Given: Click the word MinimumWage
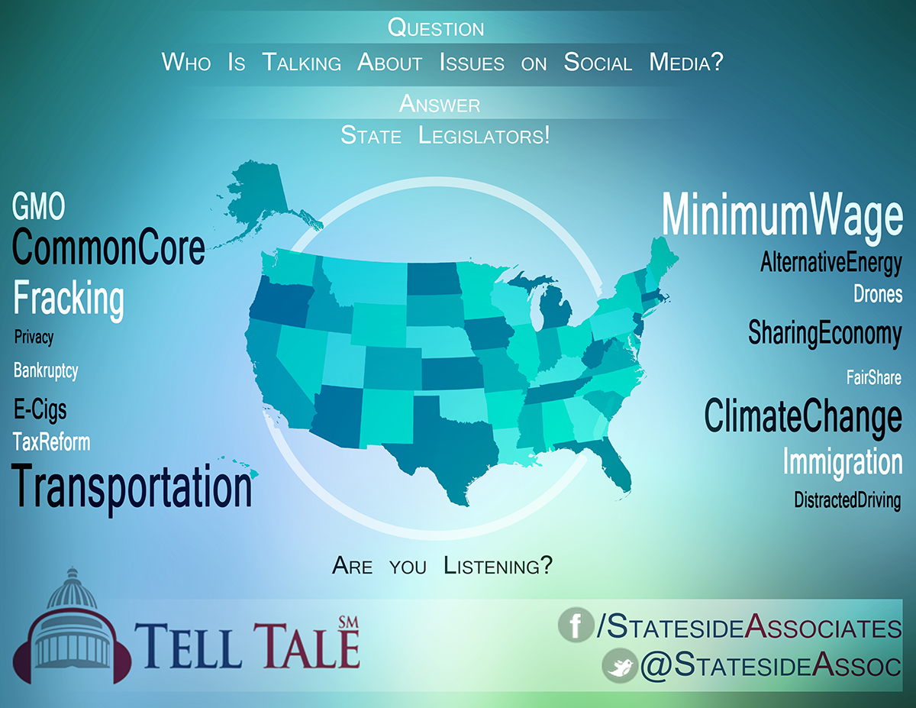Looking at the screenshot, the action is (x=782, y=216).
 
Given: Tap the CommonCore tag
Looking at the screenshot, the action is (x=108, y=247).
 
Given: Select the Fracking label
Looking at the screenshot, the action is (x=69, y=299).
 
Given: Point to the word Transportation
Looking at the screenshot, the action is (x=131, y=488).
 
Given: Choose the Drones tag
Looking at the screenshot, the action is (x=878, y=294).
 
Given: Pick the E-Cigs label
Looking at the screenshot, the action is (x=40, y=410).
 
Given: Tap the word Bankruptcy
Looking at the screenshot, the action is (x=46, y=371).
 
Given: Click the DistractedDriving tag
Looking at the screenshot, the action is (x=847, y=500).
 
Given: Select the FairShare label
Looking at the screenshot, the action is (x=874, y=377).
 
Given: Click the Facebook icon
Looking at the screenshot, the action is (x=576, y=625).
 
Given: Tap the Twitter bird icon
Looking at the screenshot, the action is (x=620, y=666).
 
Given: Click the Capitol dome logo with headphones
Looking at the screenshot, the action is (x=72, y=626).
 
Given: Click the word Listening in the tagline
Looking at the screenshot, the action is (x=498, y=566).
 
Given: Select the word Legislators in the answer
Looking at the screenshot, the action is (x=484, y=136).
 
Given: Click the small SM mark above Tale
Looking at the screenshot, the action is (x=349, y=622).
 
